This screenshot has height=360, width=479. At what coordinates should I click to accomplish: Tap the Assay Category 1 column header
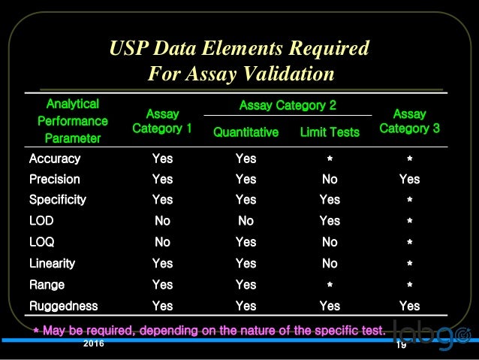162,121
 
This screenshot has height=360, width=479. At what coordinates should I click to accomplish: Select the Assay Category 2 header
288,106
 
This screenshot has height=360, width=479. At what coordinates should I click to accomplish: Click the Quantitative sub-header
246,132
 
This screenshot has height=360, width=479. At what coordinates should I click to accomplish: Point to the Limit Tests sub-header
330,132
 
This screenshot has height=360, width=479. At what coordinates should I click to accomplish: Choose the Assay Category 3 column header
409,121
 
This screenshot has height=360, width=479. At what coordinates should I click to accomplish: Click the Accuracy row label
55,159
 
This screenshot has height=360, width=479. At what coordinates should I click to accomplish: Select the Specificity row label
58,200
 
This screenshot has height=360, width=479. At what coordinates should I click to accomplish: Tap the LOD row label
41,221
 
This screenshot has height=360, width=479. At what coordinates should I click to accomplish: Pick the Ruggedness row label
64,306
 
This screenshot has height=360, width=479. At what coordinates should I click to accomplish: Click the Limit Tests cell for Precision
330,180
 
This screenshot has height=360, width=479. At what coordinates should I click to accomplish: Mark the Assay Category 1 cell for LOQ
162,242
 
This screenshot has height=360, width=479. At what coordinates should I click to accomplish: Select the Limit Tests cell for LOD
330,221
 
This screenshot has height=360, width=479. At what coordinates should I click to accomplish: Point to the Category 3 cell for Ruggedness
409,306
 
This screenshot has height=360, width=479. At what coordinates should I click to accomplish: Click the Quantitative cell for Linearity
246,264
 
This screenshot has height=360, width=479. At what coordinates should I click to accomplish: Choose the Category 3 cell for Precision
409,180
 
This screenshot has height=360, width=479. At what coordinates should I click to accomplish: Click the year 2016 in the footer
94,343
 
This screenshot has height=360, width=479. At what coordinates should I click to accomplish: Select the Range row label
47,285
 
